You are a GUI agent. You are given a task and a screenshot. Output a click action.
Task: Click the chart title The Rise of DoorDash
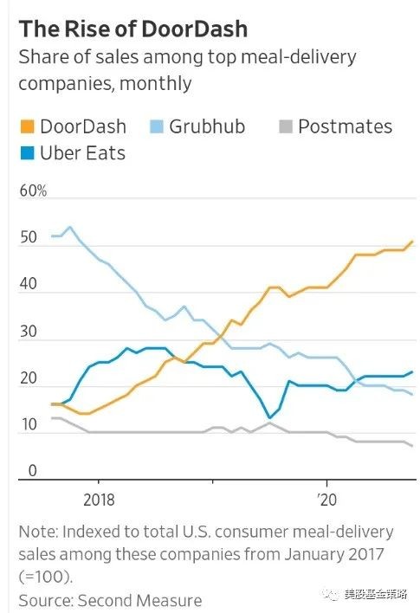pos(133,29)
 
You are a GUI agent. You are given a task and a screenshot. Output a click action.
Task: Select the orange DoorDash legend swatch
pos(28,126)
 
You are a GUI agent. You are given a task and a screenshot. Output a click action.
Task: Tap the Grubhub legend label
pos(207,126)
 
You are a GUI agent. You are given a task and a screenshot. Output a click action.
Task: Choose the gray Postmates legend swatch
pos(286,126)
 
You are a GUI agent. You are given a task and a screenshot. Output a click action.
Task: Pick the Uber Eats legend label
pos(82,153)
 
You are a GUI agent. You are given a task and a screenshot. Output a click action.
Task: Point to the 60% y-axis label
pos(33,190)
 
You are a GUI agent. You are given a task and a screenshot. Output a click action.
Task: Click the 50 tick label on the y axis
pos(29,237)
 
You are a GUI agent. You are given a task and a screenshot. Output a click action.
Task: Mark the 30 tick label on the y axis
pos(29,331)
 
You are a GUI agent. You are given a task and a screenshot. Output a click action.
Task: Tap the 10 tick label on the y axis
pos(29,424)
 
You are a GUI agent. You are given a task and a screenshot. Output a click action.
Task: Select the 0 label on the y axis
pos(33,471)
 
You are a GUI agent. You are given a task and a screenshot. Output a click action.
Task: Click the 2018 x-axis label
pos(99,500)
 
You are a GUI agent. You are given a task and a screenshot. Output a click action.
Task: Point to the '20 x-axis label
pos(326,500)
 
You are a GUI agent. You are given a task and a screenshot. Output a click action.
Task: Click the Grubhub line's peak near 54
pos(70,227)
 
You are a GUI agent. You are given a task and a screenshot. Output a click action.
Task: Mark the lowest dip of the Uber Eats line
pos(269,417)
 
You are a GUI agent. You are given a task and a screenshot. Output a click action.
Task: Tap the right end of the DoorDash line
pos(412,242)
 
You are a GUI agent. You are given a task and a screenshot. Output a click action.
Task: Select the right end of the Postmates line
pos(412,446)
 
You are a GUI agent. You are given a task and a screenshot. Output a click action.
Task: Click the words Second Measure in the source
pos(139,601)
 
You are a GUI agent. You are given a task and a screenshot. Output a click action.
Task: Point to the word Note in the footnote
pos(37,532)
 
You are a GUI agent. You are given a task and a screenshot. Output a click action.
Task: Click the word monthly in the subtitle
pos(155,84)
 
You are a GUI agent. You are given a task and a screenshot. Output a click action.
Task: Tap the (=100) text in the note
pos(46,577)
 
